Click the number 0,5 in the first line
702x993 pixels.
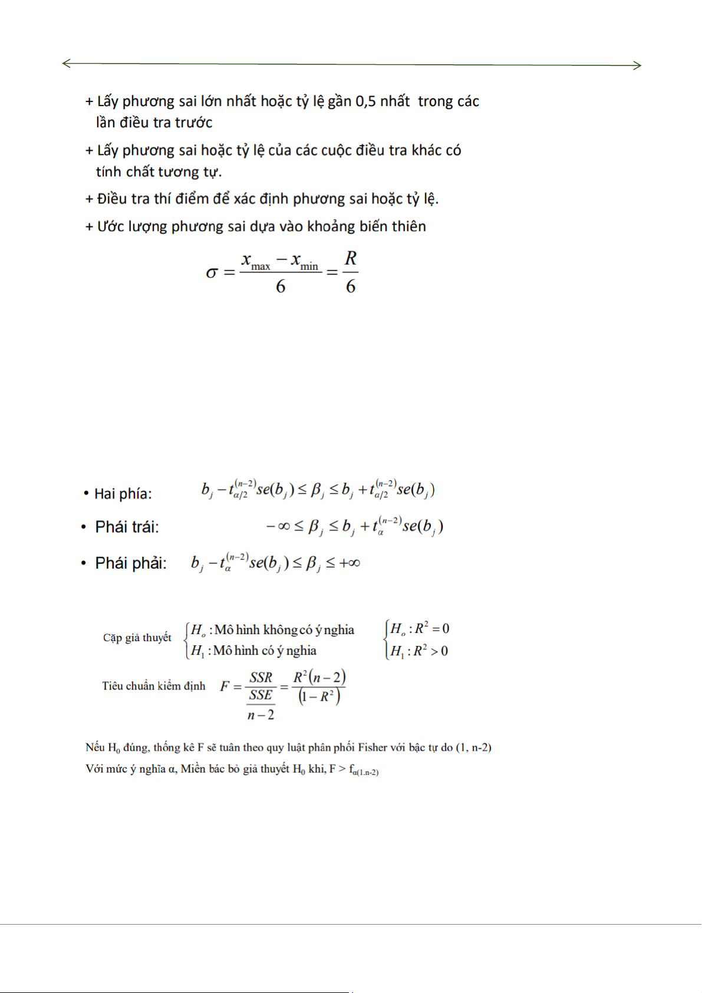click(x=365, y=101)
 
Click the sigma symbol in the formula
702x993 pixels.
click(x=212, y=273)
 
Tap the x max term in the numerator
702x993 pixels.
click(x=256, y=261)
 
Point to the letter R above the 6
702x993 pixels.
click(x=351, y=258)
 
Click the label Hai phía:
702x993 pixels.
click(x=123, y=494)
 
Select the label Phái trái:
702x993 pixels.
click(x=127, y=527)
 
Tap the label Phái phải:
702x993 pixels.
click(x=131, y=563)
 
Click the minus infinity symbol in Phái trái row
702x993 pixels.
click(x=278, y=526)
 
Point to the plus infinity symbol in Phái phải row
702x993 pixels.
click(x=350, y=563)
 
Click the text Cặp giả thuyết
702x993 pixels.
click(x=137, y=638)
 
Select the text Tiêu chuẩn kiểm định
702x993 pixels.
click(x=154, y=686)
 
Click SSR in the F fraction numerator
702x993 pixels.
click(x=261, y=677)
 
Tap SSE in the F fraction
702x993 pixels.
click(x=261, y=695)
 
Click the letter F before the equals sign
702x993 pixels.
click(x=225, y=686)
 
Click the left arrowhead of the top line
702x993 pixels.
click(x=66, y=63)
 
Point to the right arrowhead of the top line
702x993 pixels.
click(x=637, y=65)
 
